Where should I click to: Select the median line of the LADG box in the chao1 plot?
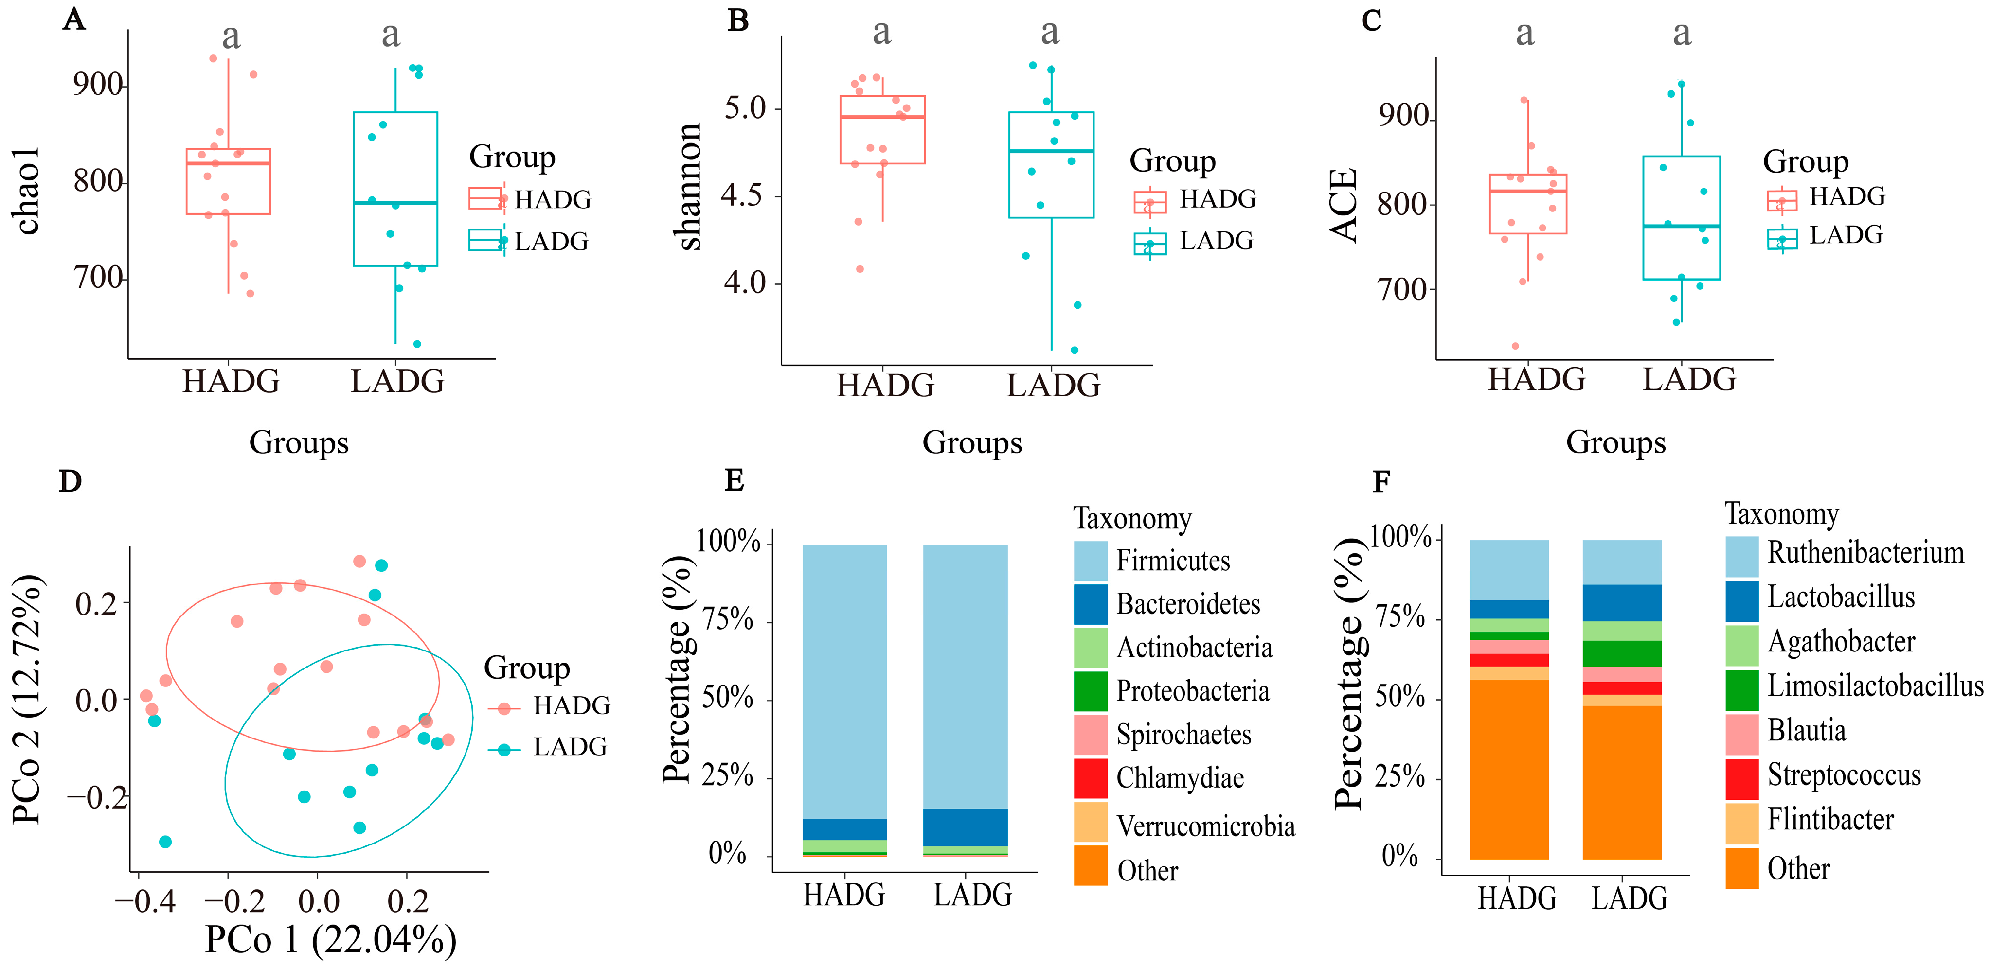coord(395,202)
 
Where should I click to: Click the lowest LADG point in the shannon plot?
coord(1075,350)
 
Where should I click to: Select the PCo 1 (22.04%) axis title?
coord(331,939)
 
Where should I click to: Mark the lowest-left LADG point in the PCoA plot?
coord(165,842)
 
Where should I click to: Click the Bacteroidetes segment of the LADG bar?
coord(965,827)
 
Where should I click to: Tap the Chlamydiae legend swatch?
coord(1090,778)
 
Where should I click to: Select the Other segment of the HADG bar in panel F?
coord(1509,769)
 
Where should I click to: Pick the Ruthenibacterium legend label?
coord(1865,553)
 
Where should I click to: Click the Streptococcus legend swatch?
coord(1742,778)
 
